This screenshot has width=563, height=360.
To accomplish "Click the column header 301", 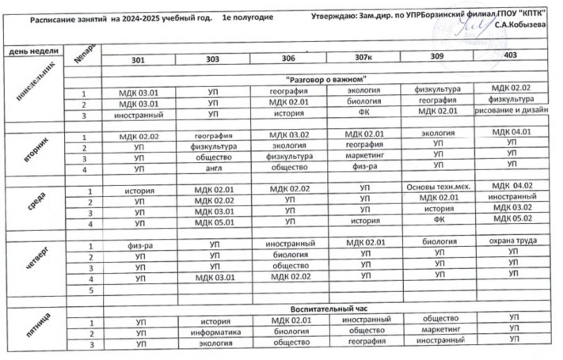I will [x=139, y=60].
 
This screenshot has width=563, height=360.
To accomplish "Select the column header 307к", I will [x=363, y=59].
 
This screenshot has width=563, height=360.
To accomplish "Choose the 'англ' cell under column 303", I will [x=211, y=169].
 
